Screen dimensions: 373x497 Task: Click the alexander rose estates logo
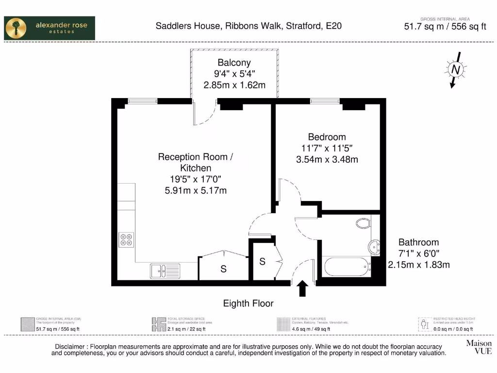click(50, 28)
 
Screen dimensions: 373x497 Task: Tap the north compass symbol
click(455, 70)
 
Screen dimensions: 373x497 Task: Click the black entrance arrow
click(302, 288)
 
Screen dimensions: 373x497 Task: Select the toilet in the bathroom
click(363, 223)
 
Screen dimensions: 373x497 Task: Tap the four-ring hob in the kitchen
click(127, 239)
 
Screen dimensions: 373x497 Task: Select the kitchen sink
click(165, 270)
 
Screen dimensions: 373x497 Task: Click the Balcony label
click(234, 63)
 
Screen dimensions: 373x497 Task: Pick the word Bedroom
click(327, 137)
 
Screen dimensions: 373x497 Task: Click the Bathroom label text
click(418, 242)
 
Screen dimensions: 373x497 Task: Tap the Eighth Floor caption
click(248, 304)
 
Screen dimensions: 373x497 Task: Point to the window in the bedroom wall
click(325, 101)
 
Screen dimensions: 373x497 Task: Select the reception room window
click(143, 101)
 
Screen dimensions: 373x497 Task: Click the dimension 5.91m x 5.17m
click(196, 190)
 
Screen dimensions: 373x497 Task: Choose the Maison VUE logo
click(479, 347)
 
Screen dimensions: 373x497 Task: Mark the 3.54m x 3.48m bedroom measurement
click(327, 159)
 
